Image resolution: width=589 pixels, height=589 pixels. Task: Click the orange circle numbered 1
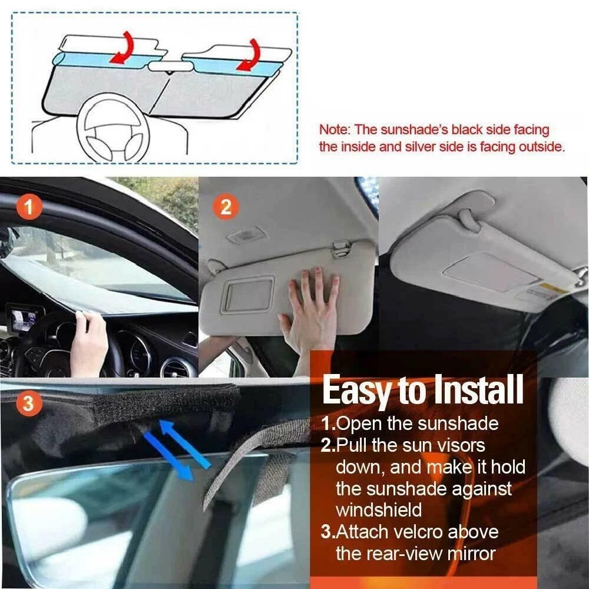coord(30,207)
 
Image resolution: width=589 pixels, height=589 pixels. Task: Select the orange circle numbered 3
coord(30,405)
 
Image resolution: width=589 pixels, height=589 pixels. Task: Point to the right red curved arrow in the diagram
coord(254,55)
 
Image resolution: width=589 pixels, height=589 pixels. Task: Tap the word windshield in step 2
coord(378,510)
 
